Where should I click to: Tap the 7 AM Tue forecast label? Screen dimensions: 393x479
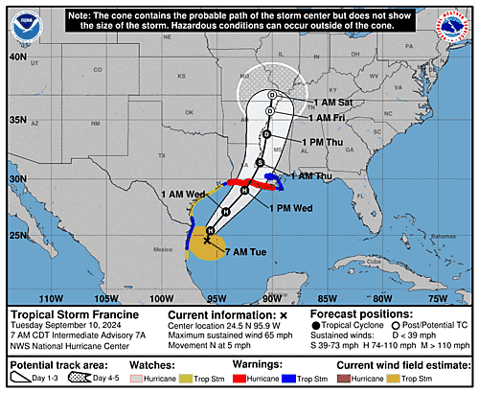[248, 250]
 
